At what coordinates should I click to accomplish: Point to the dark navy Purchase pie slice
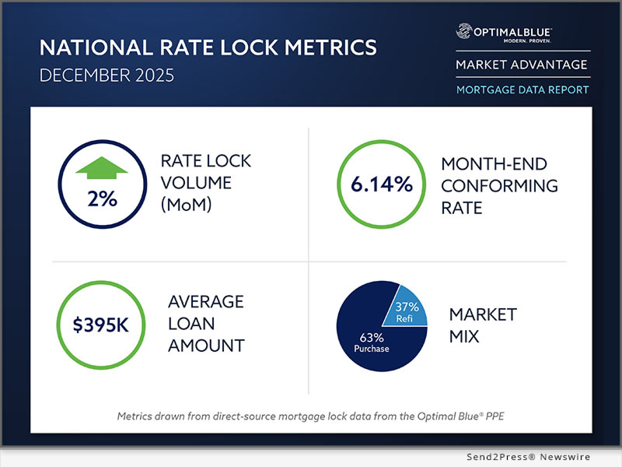369,335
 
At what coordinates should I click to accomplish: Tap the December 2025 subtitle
114,79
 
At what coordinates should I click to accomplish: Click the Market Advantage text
521,65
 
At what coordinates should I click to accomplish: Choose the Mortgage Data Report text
522,90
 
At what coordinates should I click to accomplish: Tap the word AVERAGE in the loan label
205,301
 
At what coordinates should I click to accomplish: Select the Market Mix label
482,326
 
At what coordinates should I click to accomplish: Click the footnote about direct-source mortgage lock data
309,416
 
